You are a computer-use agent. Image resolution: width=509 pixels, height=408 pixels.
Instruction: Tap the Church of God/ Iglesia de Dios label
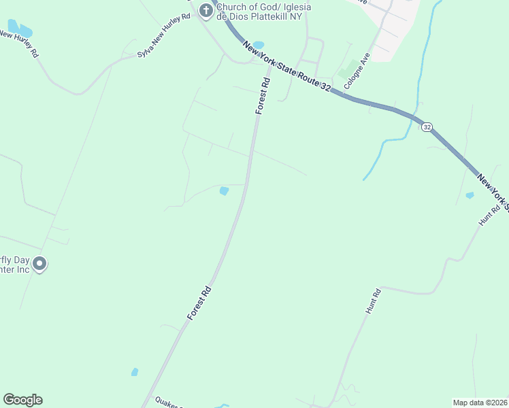tap(263, 12)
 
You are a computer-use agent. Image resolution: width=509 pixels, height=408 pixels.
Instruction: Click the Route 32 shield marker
tap(427, 127)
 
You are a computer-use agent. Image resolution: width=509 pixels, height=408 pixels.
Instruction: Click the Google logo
tap(22, 400)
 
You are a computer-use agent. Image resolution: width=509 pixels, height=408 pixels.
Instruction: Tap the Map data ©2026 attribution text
tap(480, 403)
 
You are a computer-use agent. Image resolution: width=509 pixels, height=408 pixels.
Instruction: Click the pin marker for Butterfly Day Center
tap(39, 263)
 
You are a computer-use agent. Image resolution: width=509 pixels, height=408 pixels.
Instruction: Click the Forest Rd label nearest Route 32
tap(263, 96)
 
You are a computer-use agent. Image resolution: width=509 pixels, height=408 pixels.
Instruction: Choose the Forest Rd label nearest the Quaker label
tap(199, 303)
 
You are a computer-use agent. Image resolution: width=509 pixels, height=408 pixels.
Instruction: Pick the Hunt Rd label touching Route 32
tap(489, 217)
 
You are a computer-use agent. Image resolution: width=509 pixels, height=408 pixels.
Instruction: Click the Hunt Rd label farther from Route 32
tap(372, 301)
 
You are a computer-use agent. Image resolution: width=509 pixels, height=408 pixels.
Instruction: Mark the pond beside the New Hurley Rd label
tap(20, 30)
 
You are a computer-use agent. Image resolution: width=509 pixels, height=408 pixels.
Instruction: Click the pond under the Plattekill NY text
tap(258, 46)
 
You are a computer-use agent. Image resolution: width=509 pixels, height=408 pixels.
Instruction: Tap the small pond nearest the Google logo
tap(135, 372)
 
